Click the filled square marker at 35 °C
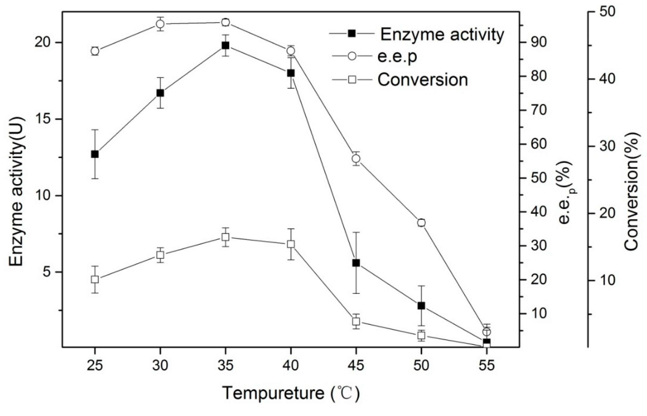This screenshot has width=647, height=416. [x=225, y=45]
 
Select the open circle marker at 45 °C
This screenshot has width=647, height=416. [x=356, y=158]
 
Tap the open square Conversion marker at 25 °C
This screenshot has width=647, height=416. [x=94, y=279]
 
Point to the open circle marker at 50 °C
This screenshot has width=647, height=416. [x=421, y=223]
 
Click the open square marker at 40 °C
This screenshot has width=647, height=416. [x=291, y=244]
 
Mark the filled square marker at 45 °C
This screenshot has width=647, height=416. [x=356, y=263]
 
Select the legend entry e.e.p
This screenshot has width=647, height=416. [x=397, y=57]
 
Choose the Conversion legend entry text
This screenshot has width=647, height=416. [x=422, y=80]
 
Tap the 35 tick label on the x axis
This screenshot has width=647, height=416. [x=225, y=366]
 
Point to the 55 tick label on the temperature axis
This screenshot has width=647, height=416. [x=486, y=366]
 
